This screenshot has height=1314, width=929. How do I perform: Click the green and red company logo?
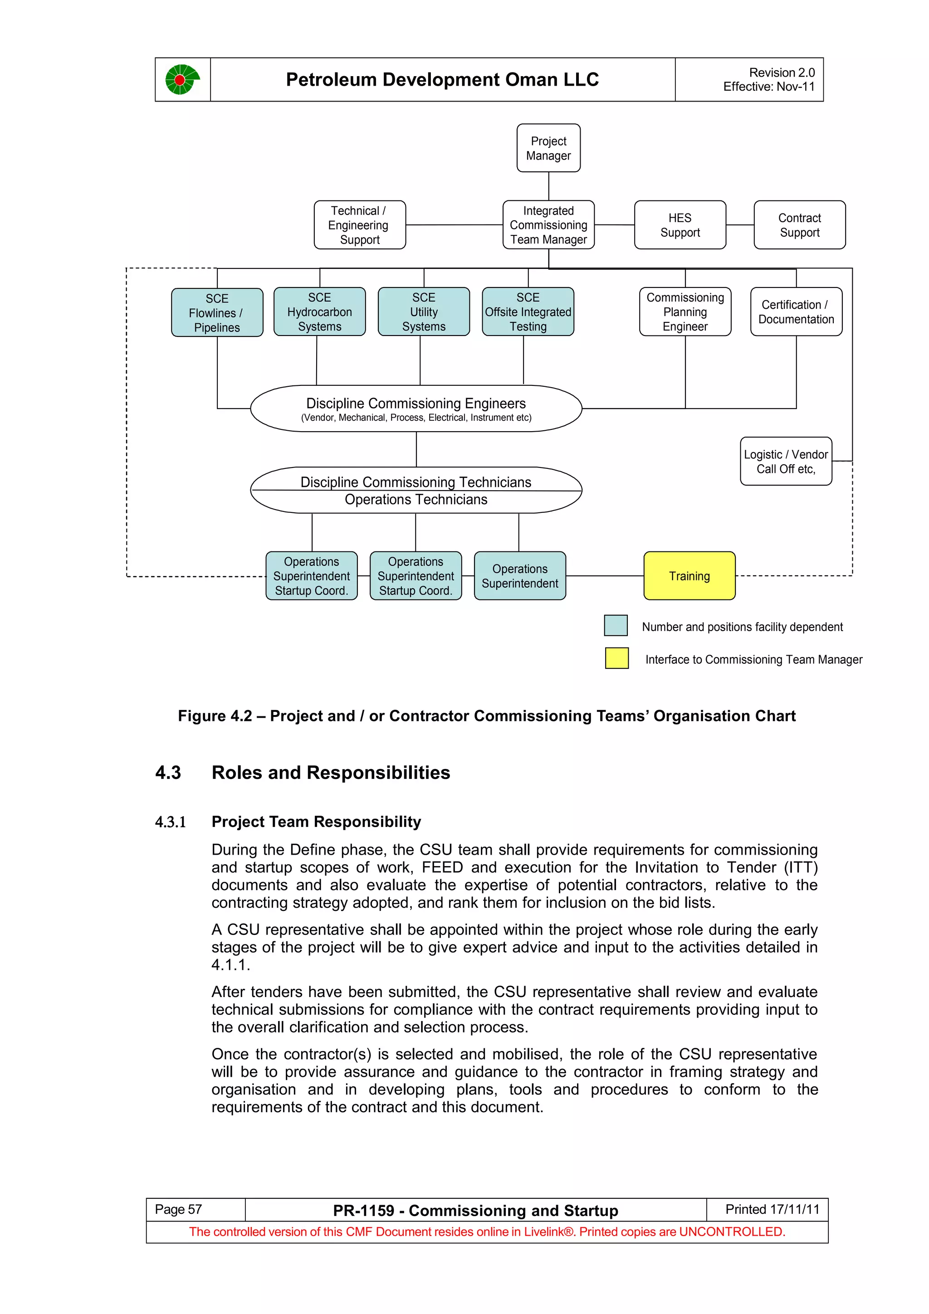[182, 79]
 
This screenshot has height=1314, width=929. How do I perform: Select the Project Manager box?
[548, 148]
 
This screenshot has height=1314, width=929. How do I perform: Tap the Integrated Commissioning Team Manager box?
[548, 225]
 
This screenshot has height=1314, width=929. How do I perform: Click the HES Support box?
[680, 225]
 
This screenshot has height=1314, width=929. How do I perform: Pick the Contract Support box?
[799, 225]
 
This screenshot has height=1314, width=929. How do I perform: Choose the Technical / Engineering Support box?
[359, 225]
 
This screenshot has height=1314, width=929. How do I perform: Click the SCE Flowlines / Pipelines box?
[217, 312]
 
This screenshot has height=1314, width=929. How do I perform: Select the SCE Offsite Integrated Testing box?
[527, 312]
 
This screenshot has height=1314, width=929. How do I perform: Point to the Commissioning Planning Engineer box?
[685, 312]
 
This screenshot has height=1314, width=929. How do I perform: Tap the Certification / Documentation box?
[796, 312]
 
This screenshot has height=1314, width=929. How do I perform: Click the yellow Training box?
[689, 576]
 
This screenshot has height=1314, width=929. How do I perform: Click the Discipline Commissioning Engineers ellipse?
[416, 409]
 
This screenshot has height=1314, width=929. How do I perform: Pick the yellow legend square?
[616, 658]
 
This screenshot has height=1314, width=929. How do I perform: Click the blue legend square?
[616, 626]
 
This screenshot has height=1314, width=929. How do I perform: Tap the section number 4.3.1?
[171, 822]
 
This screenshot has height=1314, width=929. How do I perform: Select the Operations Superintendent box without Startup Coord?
[519, 576]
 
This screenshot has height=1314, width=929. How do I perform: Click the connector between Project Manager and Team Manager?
[548, 186]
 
